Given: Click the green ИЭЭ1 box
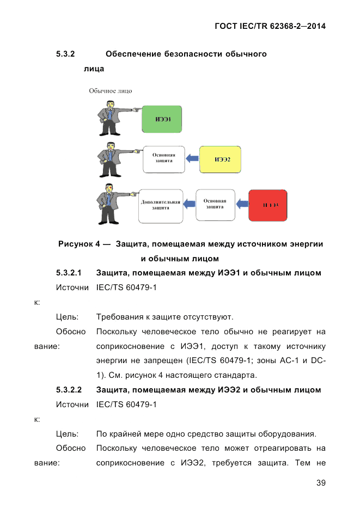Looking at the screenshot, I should (161, 119).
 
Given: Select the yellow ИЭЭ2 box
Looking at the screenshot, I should (220, 160).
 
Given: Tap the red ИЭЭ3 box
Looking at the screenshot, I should (267, 205).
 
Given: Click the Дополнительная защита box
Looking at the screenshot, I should (160, 205).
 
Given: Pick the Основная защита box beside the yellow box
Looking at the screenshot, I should (163, 158).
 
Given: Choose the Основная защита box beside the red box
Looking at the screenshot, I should (215, 204).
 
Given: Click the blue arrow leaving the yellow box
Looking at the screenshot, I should (192, 158).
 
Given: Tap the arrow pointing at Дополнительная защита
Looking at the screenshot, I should (188, 204).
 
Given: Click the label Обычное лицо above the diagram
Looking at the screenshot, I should (111, 90).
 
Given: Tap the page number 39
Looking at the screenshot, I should (320, 483).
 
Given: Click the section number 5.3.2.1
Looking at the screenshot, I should (69, 272).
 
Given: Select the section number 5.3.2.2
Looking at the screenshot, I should (69, 390).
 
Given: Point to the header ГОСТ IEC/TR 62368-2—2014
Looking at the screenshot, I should (270, 26).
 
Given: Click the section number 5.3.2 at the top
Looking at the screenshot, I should (65, 54).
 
